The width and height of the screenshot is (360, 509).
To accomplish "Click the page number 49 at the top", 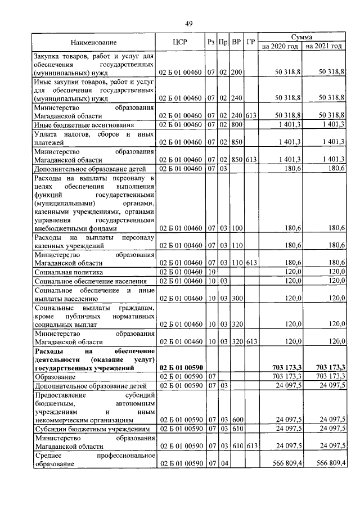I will (189, 23).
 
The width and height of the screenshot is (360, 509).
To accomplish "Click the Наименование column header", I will (94, 42).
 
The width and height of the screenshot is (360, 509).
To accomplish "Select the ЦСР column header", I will (180, 42).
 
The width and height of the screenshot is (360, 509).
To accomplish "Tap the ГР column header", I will (251, 42).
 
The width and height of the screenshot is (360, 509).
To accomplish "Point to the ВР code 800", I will (236, 125).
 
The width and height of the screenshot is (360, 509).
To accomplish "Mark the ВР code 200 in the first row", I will (236, 73).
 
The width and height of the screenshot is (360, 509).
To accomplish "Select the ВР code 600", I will (236, 419).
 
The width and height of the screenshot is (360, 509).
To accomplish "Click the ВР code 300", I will (236, 298).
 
